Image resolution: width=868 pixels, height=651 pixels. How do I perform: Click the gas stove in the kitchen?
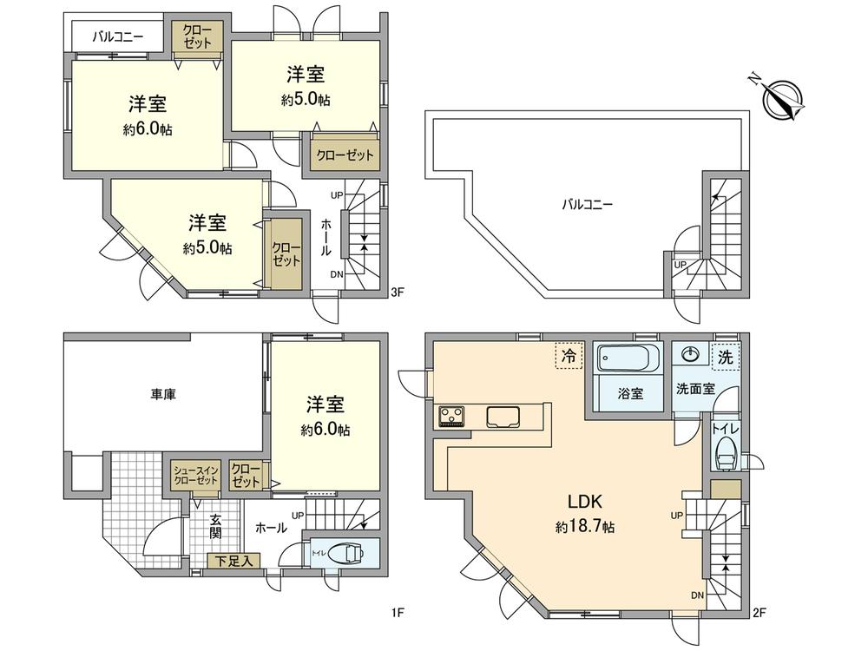point(452,417)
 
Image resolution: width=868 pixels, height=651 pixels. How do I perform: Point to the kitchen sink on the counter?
point(503,417)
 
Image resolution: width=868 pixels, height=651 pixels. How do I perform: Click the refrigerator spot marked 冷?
point(569,355)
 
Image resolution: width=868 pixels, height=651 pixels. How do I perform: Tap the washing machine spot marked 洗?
point(723,356)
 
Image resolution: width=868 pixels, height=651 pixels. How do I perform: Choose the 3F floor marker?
point(398,293)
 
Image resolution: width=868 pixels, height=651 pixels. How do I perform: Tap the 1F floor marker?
point(398,614)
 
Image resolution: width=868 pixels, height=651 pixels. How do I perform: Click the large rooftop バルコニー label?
point(587,205)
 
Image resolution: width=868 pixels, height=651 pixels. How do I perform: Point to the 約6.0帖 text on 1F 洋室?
point(326,429)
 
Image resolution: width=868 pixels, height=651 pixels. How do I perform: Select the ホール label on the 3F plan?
point(325,237)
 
